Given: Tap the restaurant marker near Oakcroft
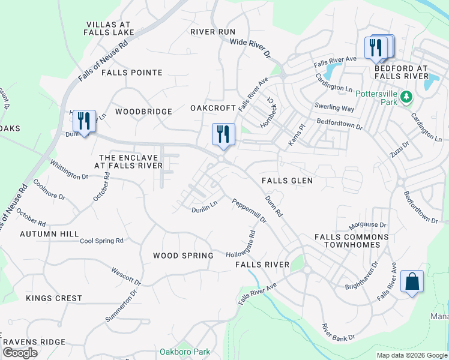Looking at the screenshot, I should (x=223, y=134).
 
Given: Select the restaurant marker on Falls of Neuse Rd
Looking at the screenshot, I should (x=84, y=122).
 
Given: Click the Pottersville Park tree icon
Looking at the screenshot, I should (x=406, y=97).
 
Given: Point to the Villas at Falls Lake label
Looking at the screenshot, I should (x=109, y=28).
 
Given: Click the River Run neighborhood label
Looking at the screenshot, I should (x=212, y=31).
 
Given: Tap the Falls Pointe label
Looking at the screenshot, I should (x=132, y=73).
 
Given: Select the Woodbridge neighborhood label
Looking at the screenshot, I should (x=143, y=112).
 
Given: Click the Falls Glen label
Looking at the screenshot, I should (x=287, y=180).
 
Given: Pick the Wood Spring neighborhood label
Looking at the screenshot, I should (x=183, y=256).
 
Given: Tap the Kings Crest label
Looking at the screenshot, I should (x=54, y=298).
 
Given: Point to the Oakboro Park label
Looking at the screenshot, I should (x=185, y=351).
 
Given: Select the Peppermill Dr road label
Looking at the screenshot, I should (x=249, y=211).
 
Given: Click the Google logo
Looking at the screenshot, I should (x=20, y=353).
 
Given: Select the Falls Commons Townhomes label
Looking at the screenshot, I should (x=352, y=241).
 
